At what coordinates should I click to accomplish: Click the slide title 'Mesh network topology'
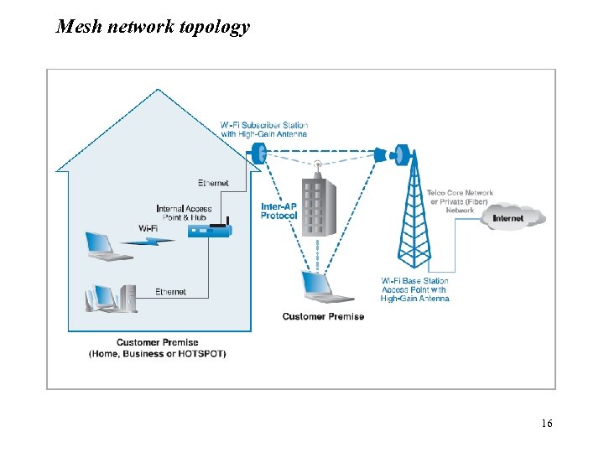pos(153,27)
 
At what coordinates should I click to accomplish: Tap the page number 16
pos(546,424)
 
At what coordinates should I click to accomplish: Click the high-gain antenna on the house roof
pos(258,153)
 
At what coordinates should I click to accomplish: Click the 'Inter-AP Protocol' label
pos(279,211)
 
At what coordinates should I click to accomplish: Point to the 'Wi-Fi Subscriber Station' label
pos(263,129)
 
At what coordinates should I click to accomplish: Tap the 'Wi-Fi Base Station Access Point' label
pos(414,289)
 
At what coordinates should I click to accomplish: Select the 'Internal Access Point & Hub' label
pos(184,212)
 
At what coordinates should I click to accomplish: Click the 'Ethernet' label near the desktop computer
pos(170,292)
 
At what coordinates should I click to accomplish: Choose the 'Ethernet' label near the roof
pos(213,183)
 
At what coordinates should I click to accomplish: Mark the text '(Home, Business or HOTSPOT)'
pos(158,354)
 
